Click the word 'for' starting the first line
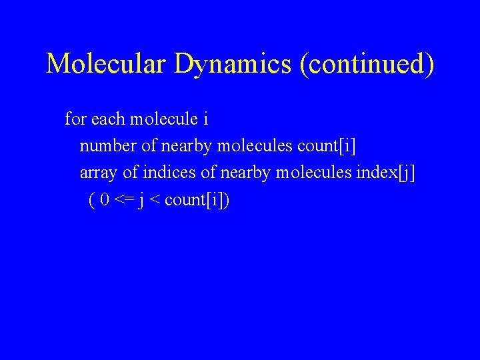(75, 119)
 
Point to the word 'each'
(107, 119)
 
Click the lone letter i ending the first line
(206, 119)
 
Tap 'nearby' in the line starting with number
(187, 146)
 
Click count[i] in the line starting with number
(327, 146)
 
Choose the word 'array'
(99, 173)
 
